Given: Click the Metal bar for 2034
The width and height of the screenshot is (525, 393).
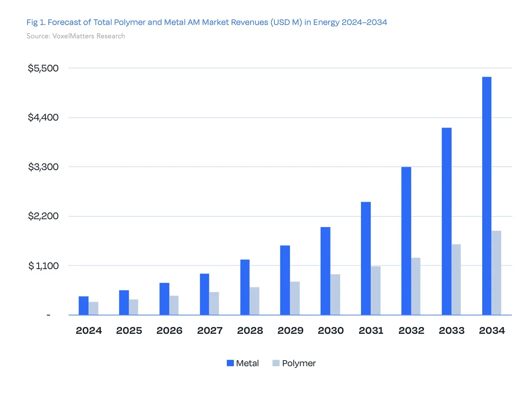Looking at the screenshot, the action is (486, 195).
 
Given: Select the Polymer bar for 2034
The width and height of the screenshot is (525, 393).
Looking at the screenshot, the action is (496, 273).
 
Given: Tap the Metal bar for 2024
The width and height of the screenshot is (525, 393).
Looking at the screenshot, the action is (84, 306).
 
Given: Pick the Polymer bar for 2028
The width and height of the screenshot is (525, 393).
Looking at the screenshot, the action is (254, 301).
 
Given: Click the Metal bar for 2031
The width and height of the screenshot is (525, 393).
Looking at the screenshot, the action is (366, 258).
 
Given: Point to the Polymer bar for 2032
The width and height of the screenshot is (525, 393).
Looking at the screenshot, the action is (416, 286).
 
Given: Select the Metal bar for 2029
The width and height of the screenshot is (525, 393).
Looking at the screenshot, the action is (285, 280).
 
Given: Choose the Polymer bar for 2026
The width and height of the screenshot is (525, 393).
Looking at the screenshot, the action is (174, 305).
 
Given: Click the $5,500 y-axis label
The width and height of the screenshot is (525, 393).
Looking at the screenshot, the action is (43, 68).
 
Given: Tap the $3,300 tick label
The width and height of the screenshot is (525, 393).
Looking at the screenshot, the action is (43, 167).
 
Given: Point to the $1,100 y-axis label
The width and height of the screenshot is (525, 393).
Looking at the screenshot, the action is (44, 266).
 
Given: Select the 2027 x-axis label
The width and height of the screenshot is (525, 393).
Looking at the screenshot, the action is (210, 330).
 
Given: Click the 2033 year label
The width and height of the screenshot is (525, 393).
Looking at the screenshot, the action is (452, 330).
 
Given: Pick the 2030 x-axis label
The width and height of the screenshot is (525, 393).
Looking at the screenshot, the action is (331, 330).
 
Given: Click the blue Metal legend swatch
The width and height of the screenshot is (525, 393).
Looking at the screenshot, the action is (230, 363).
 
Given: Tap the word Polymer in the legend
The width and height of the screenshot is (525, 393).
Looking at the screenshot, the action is (299, 364).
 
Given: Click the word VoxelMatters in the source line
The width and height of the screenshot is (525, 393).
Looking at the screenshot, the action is (73, 36).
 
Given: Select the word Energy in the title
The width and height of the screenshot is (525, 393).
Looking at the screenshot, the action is (326, 22).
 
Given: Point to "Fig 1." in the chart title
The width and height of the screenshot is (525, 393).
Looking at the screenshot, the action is (36, 22).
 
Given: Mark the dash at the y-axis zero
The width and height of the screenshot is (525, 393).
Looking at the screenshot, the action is (48, 315).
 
